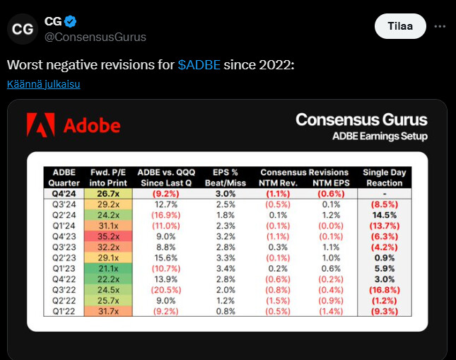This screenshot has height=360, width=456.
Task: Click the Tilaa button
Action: pos(400,26)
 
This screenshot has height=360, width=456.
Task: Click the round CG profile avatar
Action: pos(23,29)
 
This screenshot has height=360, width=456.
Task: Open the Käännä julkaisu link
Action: pos(44,85)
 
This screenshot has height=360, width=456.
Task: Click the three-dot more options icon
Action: pos(440,26)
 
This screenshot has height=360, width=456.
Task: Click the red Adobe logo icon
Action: pos(40,125)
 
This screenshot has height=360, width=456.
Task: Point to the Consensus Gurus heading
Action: pos(361,119)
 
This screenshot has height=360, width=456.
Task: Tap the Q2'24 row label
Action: pos(64,215)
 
